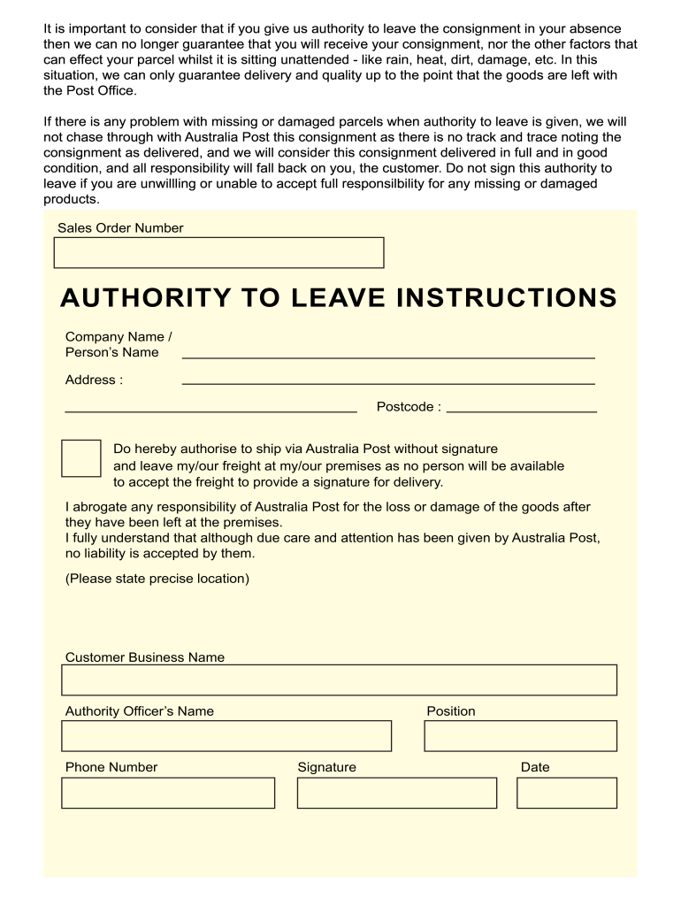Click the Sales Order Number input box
218,252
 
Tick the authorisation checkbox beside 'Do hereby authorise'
80,457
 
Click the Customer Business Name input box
339,680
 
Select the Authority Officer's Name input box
226,735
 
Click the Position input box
520,735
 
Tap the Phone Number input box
168,793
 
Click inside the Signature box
396,793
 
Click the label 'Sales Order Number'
120,228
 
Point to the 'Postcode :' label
409,407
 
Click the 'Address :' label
94,380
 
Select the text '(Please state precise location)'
157,579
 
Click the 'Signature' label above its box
326,767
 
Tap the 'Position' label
450,711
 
